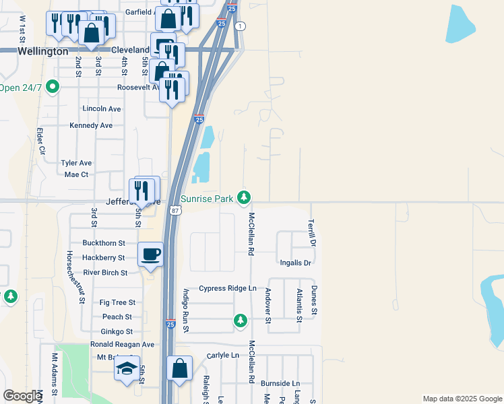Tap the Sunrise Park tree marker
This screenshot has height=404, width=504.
click(x=245, y=198)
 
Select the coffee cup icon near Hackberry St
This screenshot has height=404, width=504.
click(x=150, y=255)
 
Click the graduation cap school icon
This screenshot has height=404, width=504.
click(x=127, y=368)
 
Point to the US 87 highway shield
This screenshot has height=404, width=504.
click(x=175, y=211)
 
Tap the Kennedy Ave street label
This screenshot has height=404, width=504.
click(x=91, y=125)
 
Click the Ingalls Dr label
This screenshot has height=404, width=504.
click(x=294, y=263)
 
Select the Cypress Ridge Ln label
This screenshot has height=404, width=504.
click(x=228, y=288)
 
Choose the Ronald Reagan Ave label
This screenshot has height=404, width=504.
click(x=122, y=344)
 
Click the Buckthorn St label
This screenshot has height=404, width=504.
click(x=104, y=242)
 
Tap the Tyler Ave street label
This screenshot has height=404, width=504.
click(x=76, y=163)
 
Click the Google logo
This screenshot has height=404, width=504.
click(x=22, y=396)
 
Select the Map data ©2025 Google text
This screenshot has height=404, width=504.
click(x=462, y=399)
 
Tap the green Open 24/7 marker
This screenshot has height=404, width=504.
click(x=53, y=88)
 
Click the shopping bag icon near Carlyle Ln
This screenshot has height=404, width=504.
click(x=179, y=368)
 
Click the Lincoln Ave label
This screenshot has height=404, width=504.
click(x=101, y=108)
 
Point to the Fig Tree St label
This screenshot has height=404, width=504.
click(x=117, y=303)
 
